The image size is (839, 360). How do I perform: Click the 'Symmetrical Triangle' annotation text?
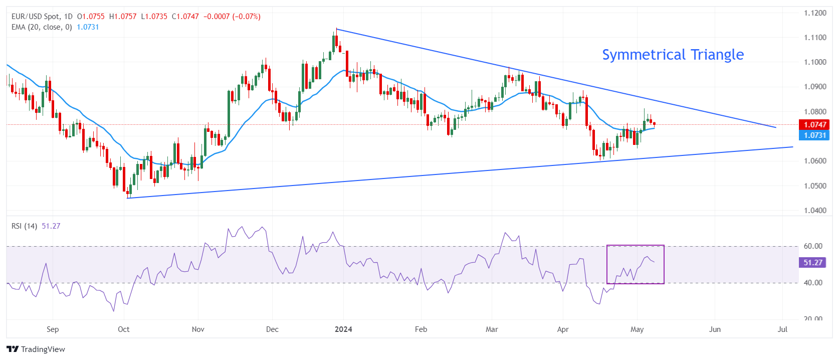(x=673, y=55)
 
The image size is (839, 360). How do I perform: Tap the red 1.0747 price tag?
(x=814, y=125)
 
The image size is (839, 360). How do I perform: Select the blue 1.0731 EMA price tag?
(x=814, y=135)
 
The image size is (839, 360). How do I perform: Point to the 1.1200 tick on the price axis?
(x=815, y=13)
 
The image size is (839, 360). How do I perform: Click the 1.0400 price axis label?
(x=815, y=211)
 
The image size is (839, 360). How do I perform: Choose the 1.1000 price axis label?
(x=815, y=62)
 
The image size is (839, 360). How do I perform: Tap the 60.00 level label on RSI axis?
(x=813, y=246)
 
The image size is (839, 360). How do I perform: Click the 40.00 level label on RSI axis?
(x=813, y=283)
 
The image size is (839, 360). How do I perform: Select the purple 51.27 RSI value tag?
(x=813, y=262)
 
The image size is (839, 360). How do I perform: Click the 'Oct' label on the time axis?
(x=123, y=329)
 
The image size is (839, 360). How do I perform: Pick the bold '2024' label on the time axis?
(x=343, y=329)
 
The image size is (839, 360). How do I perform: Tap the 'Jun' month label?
(x=715, y=329)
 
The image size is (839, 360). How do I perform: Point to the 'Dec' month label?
(x=272, y=329)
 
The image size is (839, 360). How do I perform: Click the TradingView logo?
(x=36, y=349)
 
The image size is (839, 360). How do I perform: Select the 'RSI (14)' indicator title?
(x=24, y=226)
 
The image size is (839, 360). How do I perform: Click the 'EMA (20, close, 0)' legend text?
(x=42, y=27)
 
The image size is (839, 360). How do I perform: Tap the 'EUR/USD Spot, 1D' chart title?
(x=42, y=17)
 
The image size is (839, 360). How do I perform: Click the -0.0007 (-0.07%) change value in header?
(x=232, y=17)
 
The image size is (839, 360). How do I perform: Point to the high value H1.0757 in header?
(x=123, y=17)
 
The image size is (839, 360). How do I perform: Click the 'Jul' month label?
(x=782, y=329)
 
